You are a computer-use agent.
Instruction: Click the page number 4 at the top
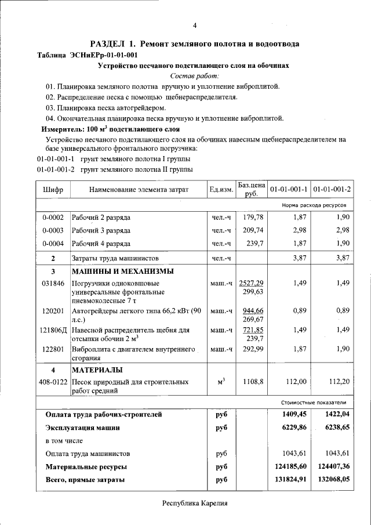tap(195, 25)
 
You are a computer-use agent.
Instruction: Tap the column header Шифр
tap(53, 190)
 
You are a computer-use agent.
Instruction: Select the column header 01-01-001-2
tap(332, 190)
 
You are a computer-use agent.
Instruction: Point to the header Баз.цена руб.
tap(251, 189)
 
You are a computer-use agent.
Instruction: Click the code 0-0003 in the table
tap(53, 231)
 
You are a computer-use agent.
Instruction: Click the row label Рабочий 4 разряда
tap(101, 244)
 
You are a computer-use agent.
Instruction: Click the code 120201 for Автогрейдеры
tap(53, 311)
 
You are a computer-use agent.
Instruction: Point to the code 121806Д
tap(53, 330)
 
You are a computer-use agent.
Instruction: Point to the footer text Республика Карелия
tap(195, 504)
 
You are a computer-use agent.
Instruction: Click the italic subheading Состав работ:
tap(194, 76)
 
